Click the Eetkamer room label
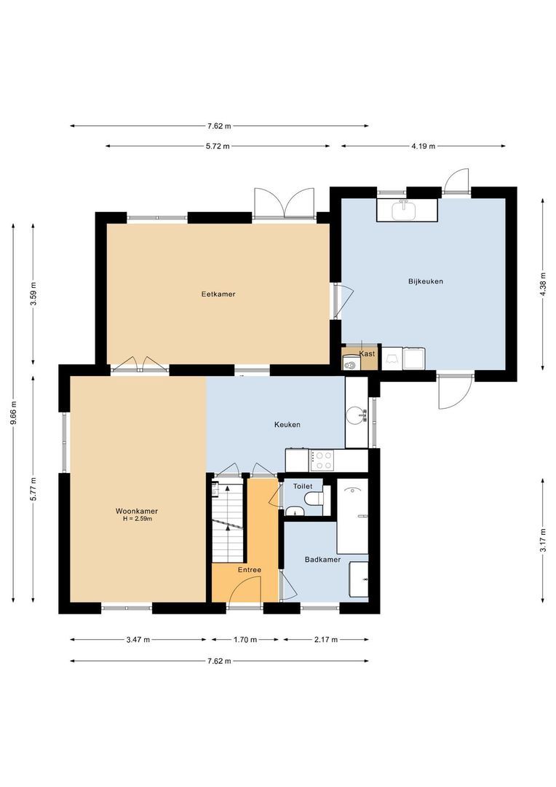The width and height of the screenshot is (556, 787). click(218, 294)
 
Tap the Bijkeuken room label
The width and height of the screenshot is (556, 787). click(426, 281)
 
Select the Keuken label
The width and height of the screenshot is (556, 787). click(287, 425)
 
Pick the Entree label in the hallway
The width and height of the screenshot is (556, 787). click(249, 570)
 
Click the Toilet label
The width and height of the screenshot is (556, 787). click(302, 486)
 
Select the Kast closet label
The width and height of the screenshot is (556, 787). click(368, 353)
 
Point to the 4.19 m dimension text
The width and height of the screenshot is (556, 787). click(423, 146)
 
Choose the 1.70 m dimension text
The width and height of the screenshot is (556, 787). click(245, 640)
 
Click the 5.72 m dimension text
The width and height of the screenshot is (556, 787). click(218, 146)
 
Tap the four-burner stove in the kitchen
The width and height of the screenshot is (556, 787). click(322, 461)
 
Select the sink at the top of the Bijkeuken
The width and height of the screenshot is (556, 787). click(404, 211)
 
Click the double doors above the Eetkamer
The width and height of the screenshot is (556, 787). click(284, 203)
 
